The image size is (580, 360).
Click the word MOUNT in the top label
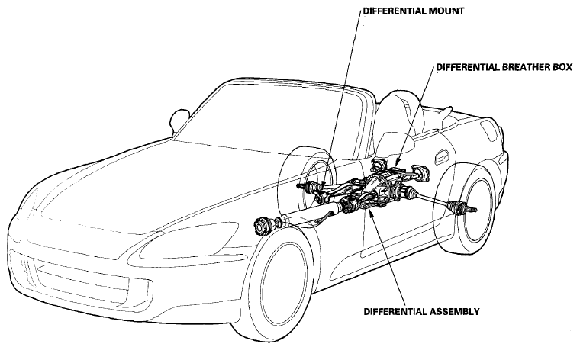coord(446,11)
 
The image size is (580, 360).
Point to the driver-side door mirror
coord(179,120)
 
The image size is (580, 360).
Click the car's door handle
coord(442,156)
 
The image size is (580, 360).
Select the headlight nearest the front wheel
coord(188,240)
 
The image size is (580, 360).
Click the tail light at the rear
coord(489,130)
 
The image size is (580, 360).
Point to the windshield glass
coord(266,118)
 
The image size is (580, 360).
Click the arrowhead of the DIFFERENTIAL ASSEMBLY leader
coord(371,213)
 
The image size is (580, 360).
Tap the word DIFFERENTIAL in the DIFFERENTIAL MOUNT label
coord(395,11)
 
